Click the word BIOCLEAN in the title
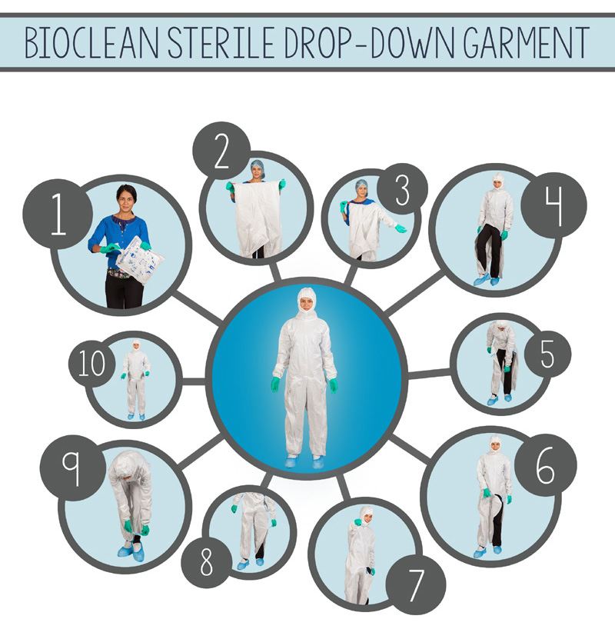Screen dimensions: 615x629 point(92,42)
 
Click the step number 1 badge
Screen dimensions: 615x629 point(58,215)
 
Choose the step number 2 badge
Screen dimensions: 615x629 point(221,151)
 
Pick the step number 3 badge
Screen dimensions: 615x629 point(402,189)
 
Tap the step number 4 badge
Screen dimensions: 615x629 point(554,205)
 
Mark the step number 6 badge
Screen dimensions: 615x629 point(545,465)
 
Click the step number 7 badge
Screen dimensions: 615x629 point(416,585)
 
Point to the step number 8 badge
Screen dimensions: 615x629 point(207,563)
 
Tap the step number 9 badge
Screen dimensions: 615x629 point(72,468)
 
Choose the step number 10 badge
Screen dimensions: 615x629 point(91,364)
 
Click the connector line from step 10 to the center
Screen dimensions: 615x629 point(192,381)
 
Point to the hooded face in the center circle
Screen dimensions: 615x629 point(306,301)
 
